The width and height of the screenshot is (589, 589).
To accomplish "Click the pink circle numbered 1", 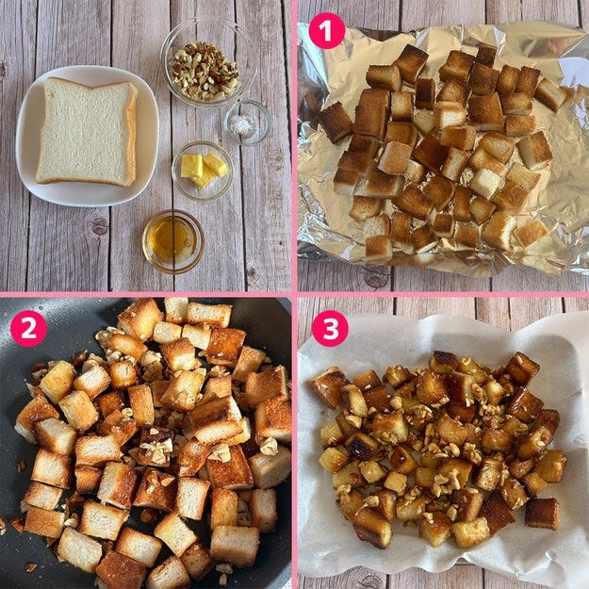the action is (326, 31).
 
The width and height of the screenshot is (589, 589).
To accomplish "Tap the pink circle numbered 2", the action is (28, 328).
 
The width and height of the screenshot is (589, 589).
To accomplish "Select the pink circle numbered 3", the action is (330, 328).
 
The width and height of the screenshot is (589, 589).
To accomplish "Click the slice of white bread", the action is (87, 132).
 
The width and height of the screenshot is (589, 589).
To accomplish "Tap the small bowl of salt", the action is (248, 123).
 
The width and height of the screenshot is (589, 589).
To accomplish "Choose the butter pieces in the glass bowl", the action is (204, 169).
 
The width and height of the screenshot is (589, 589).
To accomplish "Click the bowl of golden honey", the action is (173, 241).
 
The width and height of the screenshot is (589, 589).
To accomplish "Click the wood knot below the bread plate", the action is (100, 226).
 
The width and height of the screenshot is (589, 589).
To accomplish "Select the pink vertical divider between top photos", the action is (294, 146).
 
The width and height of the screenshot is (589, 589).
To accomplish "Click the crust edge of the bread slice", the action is (131, 135).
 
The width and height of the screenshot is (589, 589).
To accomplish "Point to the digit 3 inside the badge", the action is (330, 329).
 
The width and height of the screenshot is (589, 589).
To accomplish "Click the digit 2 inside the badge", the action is (28, 329).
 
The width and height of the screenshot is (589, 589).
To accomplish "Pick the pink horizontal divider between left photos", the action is (146, 294).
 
